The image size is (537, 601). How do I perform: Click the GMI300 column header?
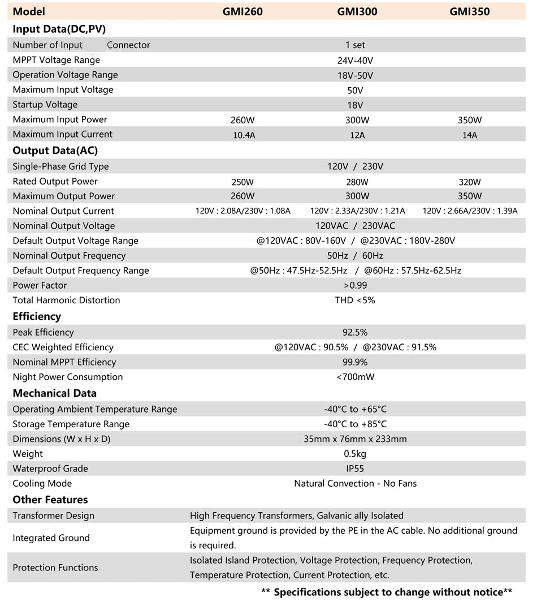click(x=357, y=11)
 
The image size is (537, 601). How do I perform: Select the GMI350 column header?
click(x=470, y=11)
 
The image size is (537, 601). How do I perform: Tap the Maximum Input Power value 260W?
click(x=243, y=120)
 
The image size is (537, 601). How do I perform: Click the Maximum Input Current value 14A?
click(x=470, y=135)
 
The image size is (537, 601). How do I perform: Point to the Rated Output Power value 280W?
click(x=357, y=182)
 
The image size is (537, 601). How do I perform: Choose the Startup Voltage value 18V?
click(x=355, y=105)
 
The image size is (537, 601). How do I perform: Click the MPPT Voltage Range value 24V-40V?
click(x=355, y=61)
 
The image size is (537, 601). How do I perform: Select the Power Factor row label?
click(x=40, y=285)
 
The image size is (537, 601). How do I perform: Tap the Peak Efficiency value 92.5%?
click(x=355, y=332)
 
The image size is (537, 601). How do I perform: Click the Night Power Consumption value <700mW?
click(x=355, y=377)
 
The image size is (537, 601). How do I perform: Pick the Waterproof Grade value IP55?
click(x=355, y=469)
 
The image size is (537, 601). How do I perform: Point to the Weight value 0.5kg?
click(x=355, y=454)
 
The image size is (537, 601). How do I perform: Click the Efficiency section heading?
click(x=37, y=316)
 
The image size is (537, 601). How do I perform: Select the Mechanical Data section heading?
click(x=54, y=393)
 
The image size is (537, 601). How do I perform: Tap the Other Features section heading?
click(x=50, y=500)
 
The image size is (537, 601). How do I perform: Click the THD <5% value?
click(x=355, y=300)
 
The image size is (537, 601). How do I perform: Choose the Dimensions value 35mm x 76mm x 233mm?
click(x=355, y=439)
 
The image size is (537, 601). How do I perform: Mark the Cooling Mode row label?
click(x=42, y=483)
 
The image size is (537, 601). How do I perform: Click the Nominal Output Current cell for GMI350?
click(x=470, y=211)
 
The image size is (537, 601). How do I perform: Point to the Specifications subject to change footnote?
click(x=387, y=592)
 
